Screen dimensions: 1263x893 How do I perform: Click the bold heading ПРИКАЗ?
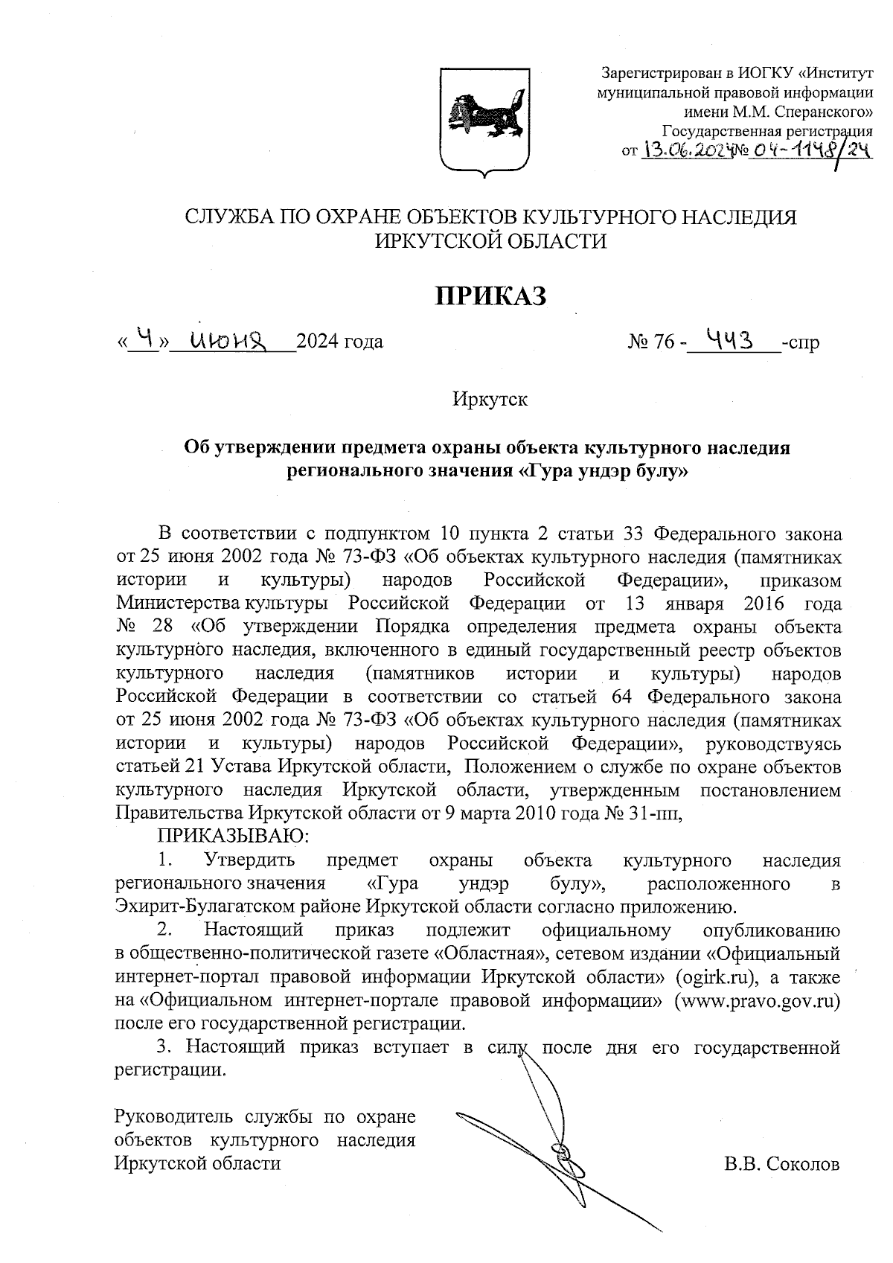click(490, 295)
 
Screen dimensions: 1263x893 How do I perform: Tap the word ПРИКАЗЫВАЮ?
click(231, 836)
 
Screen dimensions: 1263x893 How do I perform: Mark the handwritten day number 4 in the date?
click(148, 339)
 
